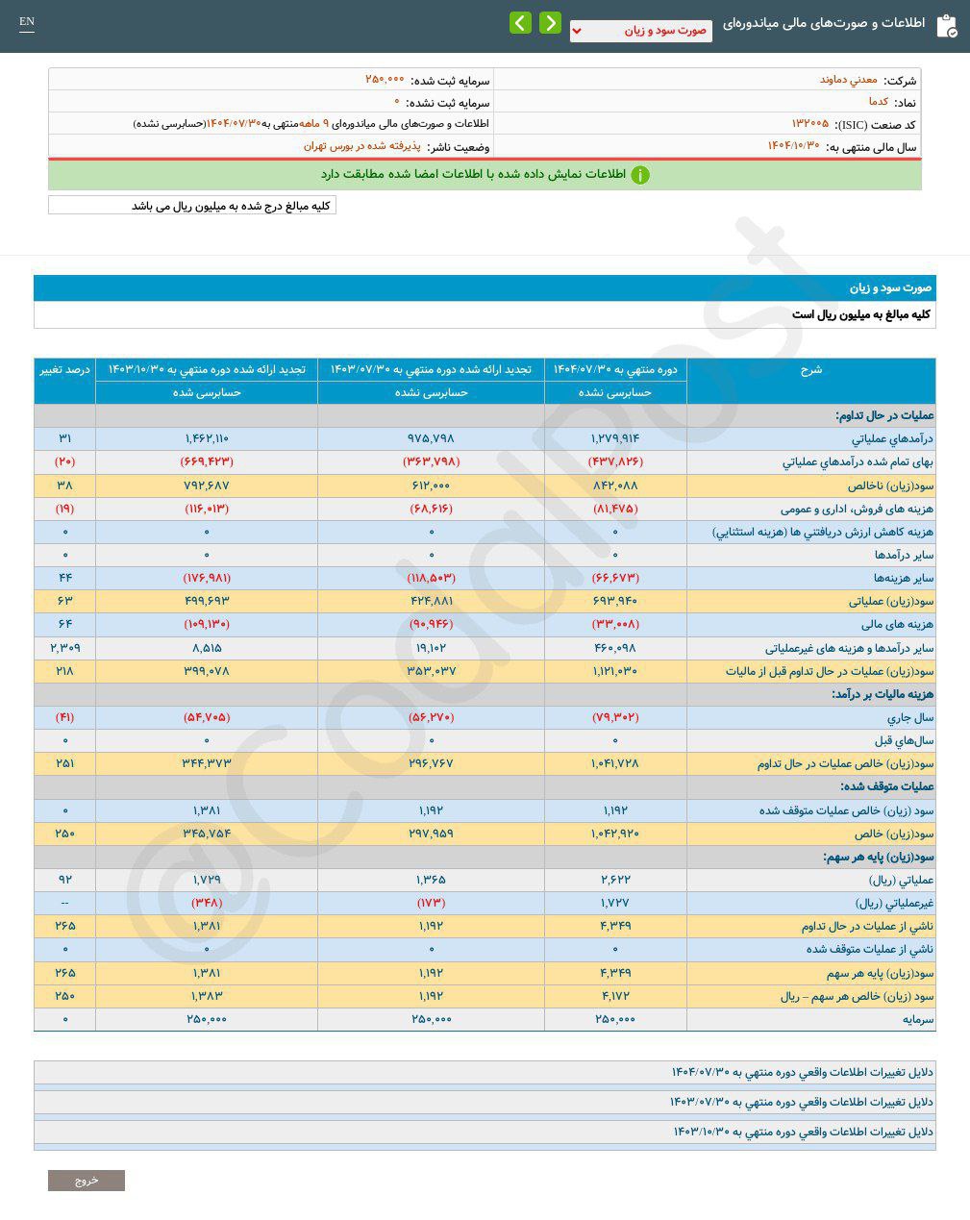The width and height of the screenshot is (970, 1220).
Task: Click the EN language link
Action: pos(27,22)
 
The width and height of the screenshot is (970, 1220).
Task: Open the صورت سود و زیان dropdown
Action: pos(640,31)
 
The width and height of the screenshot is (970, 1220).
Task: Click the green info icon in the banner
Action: pos(640,175)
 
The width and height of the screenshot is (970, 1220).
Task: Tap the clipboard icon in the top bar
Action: pos(946,25)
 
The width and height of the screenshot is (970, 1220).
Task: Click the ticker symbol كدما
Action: pos(878,102)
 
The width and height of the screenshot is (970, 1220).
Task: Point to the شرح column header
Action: pos(810,370)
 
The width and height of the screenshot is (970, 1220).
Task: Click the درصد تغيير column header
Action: pos(64,370)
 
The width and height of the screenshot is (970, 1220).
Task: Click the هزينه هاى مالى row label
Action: pos(897,625)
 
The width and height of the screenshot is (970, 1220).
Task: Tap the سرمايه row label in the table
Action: pos(917,1019)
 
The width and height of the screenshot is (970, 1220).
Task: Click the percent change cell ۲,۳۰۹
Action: pos(64,648)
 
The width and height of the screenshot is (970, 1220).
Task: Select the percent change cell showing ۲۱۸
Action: pos(64,671)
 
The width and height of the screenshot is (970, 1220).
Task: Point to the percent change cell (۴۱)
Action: pos(64,717)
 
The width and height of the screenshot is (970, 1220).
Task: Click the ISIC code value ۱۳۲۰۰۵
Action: pos(809,124)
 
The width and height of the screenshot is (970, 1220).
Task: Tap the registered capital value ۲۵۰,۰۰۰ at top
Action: pos(385,80)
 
